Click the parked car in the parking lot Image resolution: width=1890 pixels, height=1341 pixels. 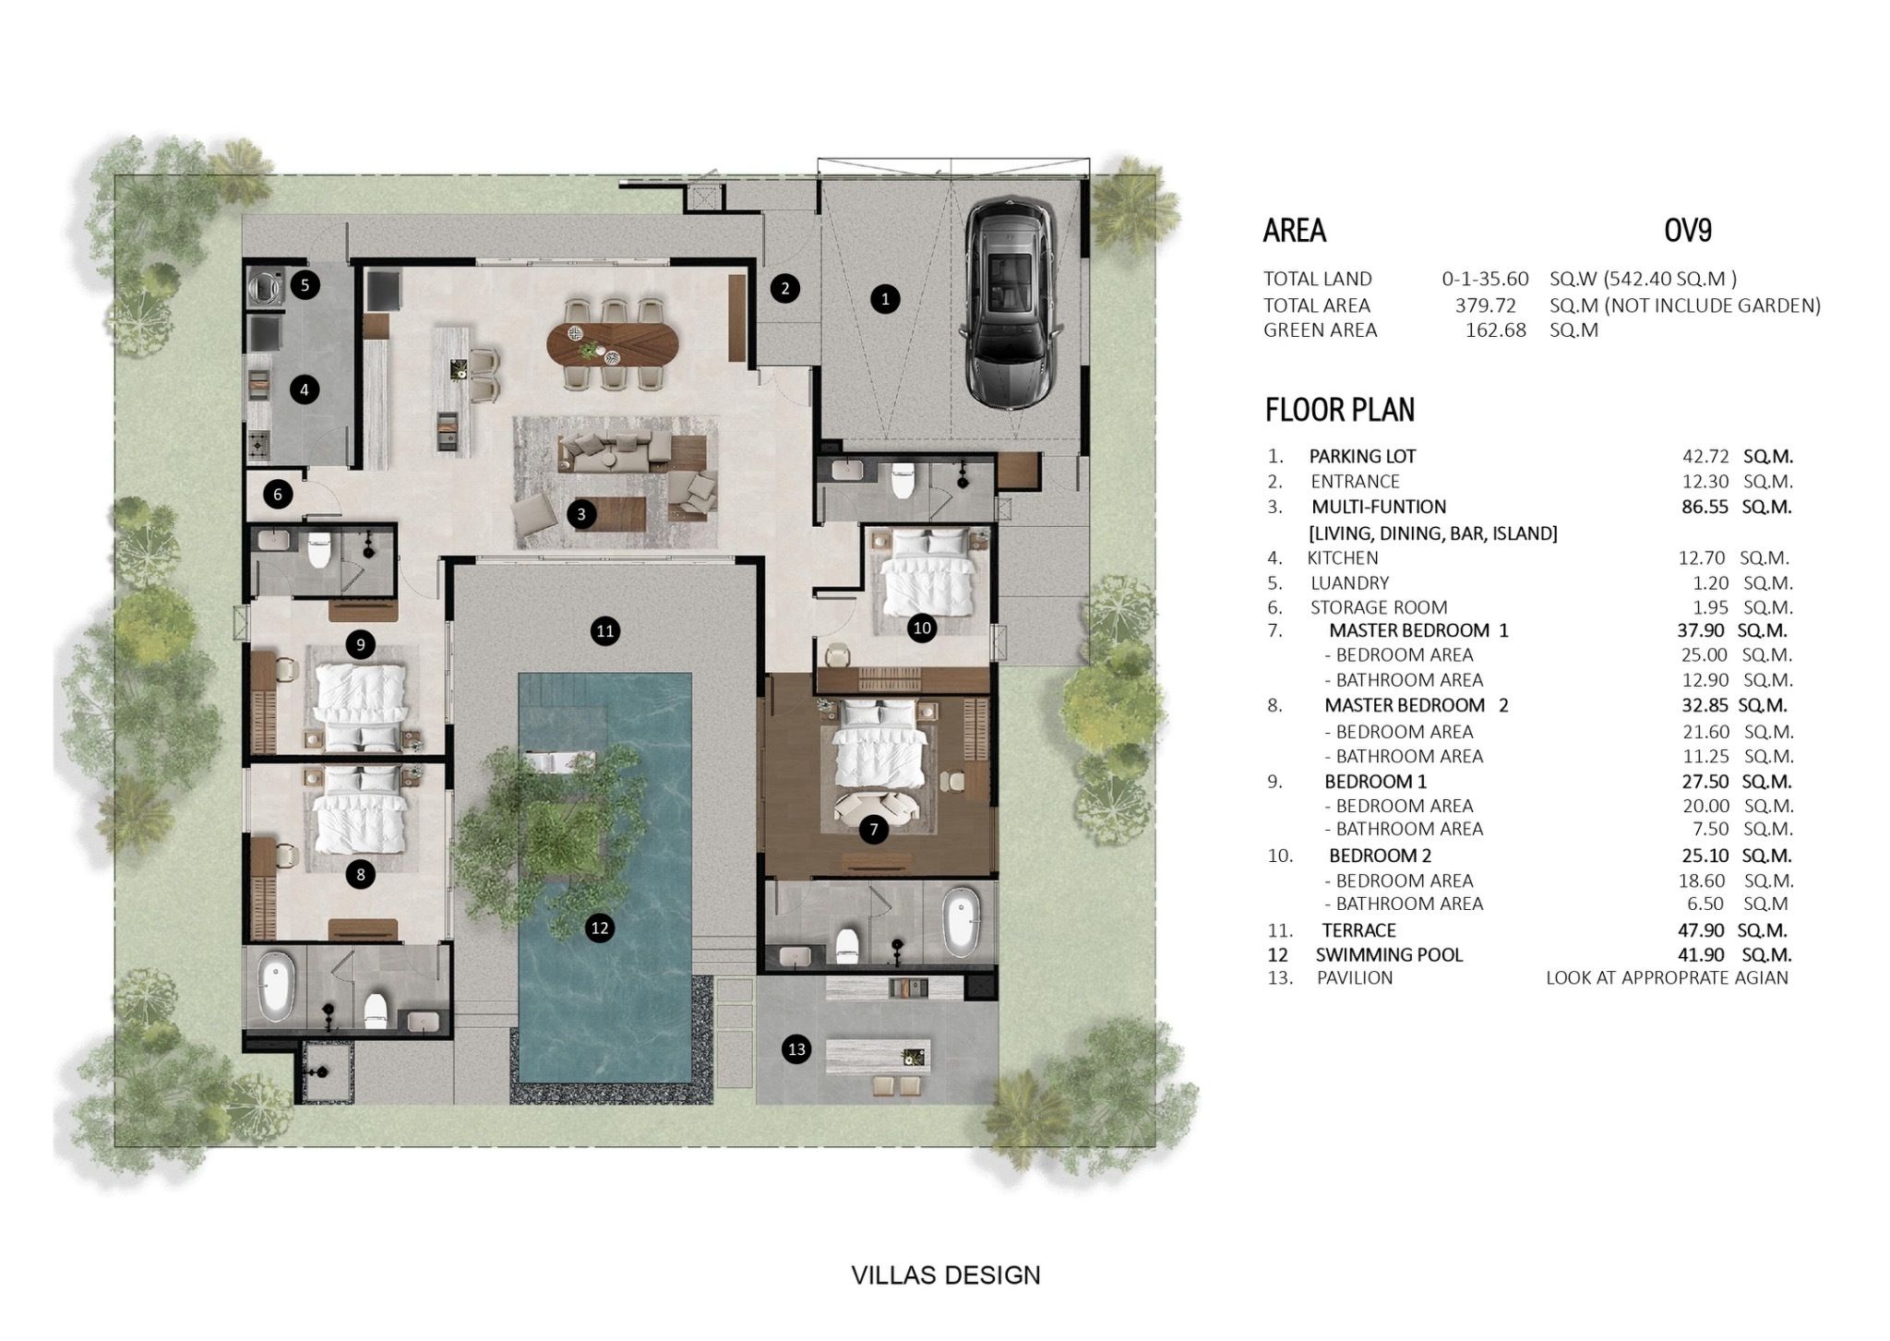click(x=1006, y=305)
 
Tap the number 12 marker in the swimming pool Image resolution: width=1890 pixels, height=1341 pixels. click(x=600, y=928)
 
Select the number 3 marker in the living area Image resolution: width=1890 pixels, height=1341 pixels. click(x=580, y=514)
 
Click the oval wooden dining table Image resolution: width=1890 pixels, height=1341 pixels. click(x=613, y=341)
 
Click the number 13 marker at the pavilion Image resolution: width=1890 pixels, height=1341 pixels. click(x=796, y=1049)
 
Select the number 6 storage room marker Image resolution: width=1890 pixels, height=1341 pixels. click(x=278, y=495)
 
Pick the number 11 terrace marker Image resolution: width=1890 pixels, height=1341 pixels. click(x=605, y=631)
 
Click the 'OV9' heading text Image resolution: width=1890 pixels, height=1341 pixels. click(x=1688, y=230)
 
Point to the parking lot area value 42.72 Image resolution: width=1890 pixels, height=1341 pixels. click(x=1703, y=456)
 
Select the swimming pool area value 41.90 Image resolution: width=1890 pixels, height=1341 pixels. click(x=1703, y=955)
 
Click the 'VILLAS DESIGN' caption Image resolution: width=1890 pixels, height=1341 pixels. click(x=946, y=1275)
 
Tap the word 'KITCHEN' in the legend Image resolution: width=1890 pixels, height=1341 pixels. click(x=1343, y=557)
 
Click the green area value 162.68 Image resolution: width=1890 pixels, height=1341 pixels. click(x=1496, y=329)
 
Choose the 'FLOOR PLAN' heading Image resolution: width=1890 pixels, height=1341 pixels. click(x=1340, y=409)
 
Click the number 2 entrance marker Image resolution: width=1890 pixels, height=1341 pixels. click(x=784, y=288)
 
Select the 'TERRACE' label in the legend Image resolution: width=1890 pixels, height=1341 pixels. click(x=1358, y=930)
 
